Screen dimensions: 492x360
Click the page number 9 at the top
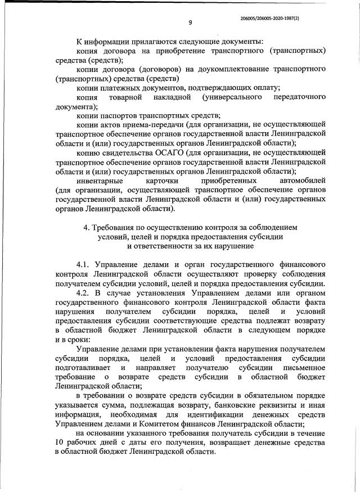(190, 22)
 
